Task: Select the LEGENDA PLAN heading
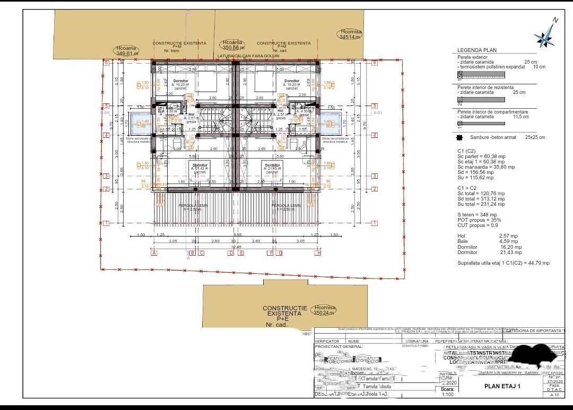tap(477, 50)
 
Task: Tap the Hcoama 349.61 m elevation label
tap(127, 50)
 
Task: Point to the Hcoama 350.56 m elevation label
tap(233, 45)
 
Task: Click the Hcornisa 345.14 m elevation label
tap(351, 34)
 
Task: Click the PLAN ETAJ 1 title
tap(502, 386)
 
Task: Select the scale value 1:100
tap(447, 395)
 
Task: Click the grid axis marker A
tap(154, 253)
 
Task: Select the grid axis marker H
tap(318, 253)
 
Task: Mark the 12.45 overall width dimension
tap(236, 247)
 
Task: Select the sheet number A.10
tap(554, 395)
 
